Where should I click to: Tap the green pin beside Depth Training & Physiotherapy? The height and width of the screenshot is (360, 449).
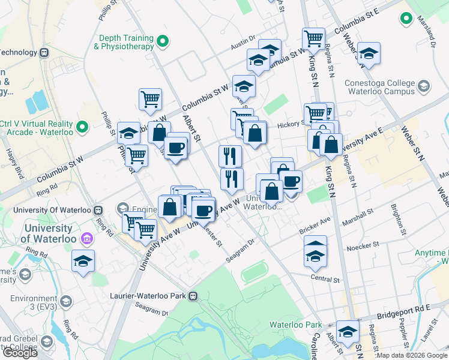click(163, 42)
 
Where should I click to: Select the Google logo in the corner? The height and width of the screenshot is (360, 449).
click(20, 353)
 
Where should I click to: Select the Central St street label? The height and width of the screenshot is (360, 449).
click(325, 279)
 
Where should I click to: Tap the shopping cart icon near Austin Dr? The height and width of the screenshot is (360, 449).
click(313, 39)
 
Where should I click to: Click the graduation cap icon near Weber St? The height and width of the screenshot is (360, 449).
click(368, 53)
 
